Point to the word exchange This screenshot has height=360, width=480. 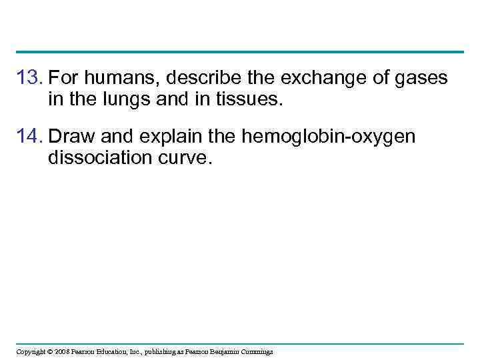[311, 79]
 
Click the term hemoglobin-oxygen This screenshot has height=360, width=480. [329, 137]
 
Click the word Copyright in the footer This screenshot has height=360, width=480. [31, 351]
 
